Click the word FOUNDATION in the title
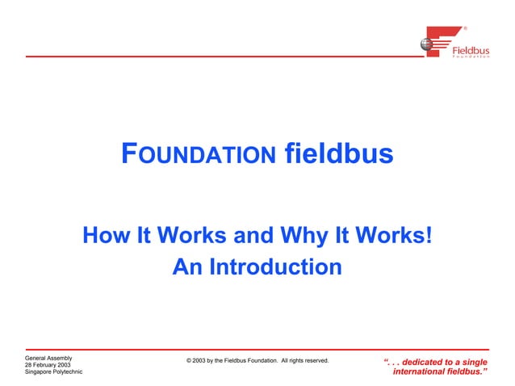pos(197,154)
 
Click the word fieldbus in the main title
pos(338,153)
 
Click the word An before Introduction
pos(186,266)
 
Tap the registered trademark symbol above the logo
pos(465,28)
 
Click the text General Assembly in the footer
pos(49,357)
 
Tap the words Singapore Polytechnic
pos(54,373)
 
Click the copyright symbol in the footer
pos(189,360)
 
